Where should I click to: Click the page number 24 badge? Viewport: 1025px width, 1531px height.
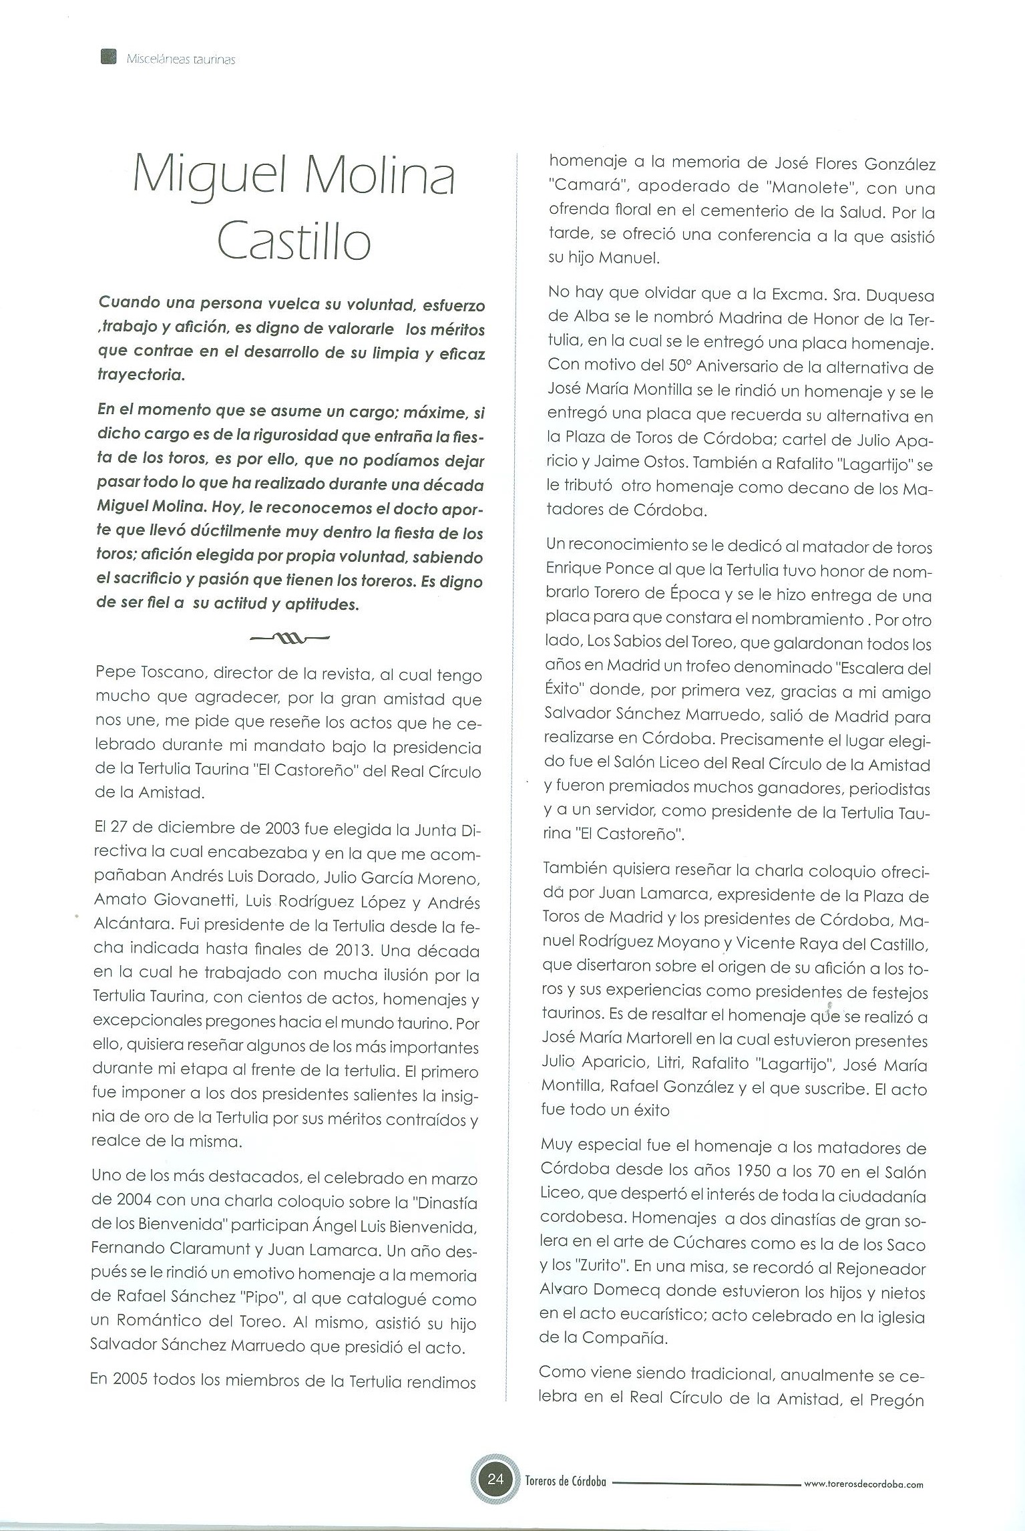(x=495, y=1478)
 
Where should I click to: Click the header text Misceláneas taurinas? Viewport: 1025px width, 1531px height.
(x=180, y=59)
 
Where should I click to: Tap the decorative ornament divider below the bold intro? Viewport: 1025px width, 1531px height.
(x=289, y=638)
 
